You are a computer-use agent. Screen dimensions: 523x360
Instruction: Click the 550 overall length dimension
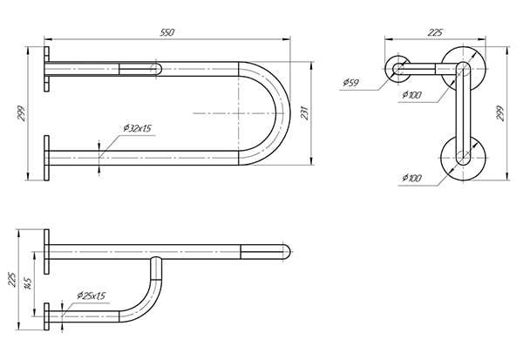pos(167,32)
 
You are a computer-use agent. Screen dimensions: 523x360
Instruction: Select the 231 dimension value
pos(305,113)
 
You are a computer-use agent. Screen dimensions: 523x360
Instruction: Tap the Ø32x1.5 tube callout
pos(138,128)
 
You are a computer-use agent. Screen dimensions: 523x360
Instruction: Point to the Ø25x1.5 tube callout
pos(91,295)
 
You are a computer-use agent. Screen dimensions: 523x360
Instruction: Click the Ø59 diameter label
pos(350,82)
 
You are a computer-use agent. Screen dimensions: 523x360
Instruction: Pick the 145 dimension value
pos(29,283)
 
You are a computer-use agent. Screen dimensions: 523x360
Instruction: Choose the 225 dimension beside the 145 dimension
pos(11,279)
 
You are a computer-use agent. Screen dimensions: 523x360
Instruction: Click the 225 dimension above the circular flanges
pos(435,32)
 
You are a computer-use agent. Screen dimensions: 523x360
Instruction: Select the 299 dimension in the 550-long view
pos(21,113)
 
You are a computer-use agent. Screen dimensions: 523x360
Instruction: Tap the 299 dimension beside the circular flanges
pos(499,113)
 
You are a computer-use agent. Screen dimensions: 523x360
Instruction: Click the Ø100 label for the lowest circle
pos(412,178)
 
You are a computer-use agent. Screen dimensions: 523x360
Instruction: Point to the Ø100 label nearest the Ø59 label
pos(412,95)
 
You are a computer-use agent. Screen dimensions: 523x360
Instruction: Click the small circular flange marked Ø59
pos(398,70)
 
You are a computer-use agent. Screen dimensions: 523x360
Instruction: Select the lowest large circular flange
pos(463,158)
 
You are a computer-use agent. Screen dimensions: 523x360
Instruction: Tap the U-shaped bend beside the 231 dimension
pos(264,113)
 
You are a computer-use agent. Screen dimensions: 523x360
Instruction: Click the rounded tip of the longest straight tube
pos(286,252)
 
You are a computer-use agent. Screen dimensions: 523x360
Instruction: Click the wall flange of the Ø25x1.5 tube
pos(46,316)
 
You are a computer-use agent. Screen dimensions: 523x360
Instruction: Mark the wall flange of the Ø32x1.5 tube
pos(46,158)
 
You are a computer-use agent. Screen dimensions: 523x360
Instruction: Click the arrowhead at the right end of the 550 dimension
pos(287,39)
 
